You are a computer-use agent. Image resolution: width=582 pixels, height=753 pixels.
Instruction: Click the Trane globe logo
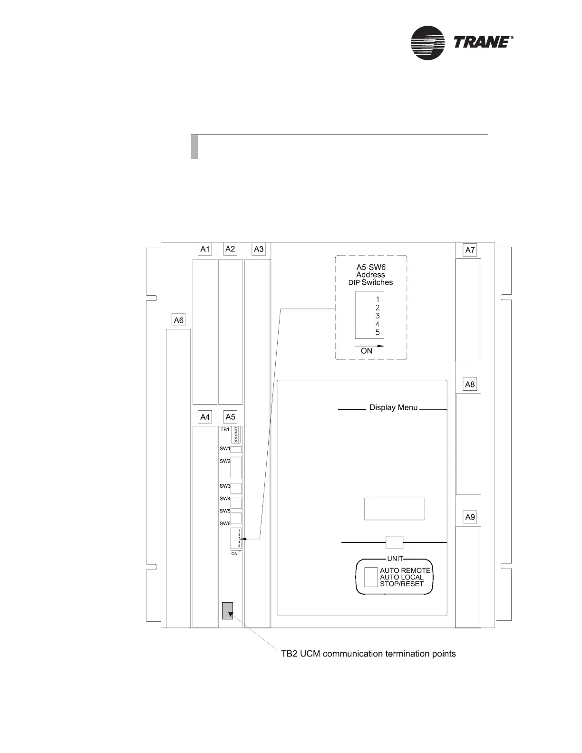[427, 43]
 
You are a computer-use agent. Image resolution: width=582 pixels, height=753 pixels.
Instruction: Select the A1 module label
[205, 249]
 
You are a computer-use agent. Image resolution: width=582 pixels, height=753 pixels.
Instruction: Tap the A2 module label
[230, 249]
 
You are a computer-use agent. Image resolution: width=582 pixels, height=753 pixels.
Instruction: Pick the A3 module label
[259, 249]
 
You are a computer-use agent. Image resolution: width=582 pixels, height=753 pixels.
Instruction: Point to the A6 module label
[179, 320]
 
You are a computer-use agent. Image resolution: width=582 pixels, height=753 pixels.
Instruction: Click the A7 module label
[470, 250]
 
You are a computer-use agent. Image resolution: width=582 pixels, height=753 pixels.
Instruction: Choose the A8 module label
[470, 385]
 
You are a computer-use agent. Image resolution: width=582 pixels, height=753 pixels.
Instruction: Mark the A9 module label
[470, 517]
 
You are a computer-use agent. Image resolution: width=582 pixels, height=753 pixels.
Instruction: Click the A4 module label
[205, 417]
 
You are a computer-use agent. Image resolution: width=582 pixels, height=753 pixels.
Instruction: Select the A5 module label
[230, 417]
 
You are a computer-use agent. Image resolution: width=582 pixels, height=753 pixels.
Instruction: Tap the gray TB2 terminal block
[228, 611]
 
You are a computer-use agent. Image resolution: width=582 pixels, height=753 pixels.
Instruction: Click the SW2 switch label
[225, 461]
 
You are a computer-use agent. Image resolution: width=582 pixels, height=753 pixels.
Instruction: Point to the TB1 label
[225, 429]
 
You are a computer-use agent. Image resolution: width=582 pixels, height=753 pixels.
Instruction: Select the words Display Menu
[393, 407]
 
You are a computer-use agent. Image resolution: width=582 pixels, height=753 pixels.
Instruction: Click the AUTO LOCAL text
[401, 577]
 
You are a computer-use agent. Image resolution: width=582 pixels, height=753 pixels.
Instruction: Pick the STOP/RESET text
[401, 584]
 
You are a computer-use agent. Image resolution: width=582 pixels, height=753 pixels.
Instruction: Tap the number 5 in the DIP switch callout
[378, 332]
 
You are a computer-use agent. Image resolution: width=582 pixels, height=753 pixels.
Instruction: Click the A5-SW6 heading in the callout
[371, 267]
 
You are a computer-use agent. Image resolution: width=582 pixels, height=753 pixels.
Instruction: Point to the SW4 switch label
[225, 499]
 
